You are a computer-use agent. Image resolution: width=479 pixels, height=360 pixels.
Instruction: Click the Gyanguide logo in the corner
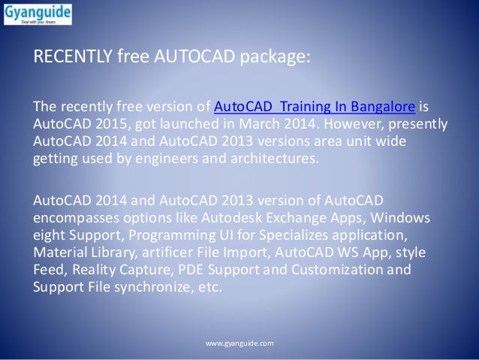(x=37, y=16)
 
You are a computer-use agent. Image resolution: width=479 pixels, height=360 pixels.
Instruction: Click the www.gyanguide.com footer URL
(x=239, y=343)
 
